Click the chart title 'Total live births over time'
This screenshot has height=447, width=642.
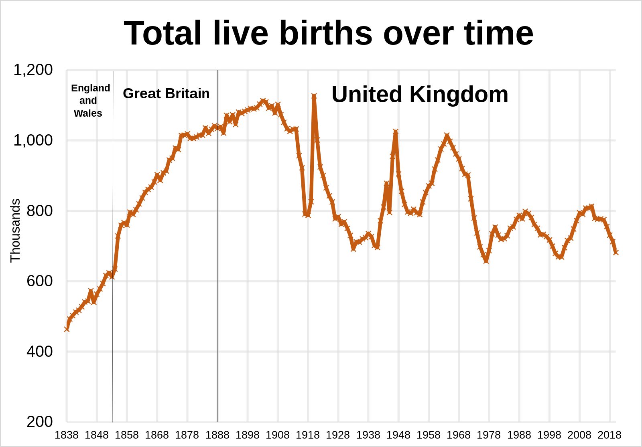(x=329, y=34)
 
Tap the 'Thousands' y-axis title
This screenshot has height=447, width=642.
(x=15, y=231)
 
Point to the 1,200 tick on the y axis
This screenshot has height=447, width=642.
(x=33, y=70)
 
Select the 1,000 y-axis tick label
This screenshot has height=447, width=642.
(x=33, y=140)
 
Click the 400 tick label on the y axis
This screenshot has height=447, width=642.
(x=40, y=352)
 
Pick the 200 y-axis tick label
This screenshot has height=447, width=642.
(x=40, y=422)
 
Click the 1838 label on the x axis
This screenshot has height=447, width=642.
(x=67, y=435)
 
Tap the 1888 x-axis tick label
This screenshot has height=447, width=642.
(x=217, y=435)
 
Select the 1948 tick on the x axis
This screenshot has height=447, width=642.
(x=398, y=435)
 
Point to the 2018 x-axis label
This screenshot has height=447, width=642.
(x=609, y=435)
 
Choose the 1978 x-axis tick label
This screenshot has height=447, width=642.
(x=489, y=435)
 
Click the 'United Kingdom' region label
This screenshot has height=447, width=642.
(x=420, y=95)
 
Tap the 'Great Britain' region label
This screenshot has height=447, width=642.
(x=166, y=93)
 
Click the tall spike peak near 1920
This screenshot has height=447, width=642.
(x=314, y=96)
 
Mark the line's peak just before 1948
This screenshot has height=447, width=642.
(x=396, y=131)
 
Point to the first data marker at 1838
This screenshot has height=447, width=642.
(x=67, y=329)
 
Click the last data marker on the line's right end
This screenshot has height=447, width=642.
(x=616, y=252)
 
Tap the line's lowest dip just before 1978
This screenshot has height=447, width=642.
(x=486, y=261)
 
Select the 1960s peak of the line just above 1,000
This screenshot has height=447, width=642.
(x=447, y=135)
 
